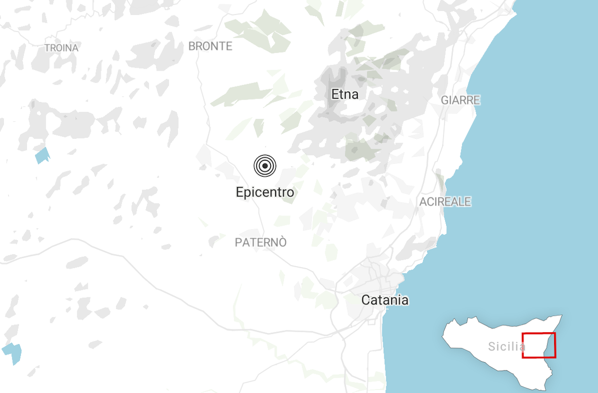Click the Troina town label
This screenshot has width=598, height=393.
coord(61,48)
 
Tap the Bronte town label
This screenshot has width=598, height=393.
coord(210,46)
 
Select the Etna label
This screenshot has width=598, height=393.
coord(345,94)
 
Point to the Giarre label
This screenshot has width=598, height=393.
coord(460,100)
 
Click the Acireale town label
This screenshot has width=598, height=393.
coord(445,202)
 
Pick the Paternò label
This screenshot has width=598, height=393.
coord(261,243)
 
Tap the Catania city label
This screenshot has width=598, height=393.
coord(385,300)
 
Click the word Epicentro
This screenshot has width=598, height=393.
coord(265,192)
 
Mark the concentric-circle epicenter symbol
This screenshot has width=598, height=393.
coord(265,166)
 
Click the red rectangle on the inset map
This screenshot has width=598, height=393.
coord(539,334)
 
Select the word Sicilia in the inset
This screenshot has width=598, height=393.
coord(506,347)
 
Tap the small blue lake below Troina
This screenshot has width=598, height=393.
coord(43,155)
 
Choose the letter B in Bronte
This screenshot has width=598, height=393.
coord(192,46)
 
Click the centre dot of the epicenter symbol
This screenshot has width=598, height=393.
coord(265,166)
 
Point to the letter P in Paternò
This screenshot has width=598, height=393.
coord(238,243)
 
